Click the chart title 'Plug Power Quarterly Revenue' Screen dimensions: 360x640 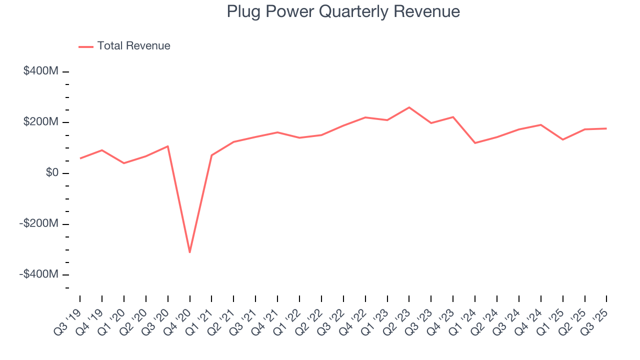(x=343, y=11)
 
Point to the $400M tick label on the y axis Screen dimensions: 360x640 (x=40, y=71)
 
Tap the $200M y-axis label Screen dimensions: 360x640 (x=40, y=122)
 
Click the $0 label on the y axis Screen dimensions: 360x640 (x=52, y=173)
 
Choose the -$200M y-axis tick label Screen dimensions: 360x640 (x=39, y=223)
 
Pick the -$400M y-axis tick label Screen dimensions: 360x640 (x=39, y=274)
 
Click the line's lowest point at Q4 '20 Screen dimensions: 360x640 (x=189, y=252)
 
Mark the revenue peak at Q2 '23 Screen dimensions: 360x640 (x=409, y=107)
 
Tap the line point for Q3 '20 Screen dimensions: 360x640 (x=167, y=146)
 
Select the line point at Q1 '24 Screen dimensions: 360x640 (x=475, y=143)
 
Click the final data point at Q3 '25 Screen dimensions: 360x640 (x=606, y=128)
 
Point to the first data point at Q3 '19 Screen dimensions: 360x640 (x=80, y=158)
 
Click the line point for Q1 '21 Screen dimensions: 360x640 (x=211, y=155)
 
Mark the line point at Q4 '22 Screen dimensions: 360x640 (x=365, y=117)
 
